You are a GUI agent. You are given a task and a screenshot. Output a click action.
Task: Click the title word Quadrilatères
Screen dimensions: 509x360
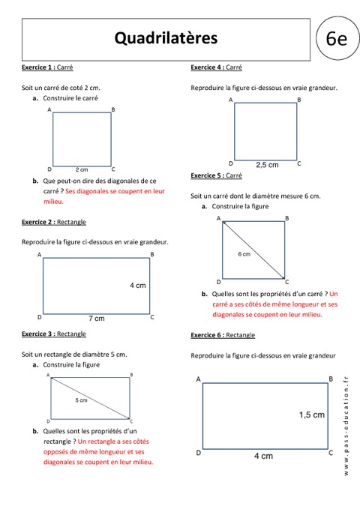click(166, 37)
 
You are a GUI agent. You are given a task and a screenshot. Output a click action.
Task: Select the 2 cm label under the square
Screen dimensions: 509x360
click(82, 169)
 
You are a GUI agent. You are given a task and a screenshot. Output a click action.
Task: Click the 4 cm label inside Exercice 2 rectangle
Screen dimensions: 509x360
click(137, 286)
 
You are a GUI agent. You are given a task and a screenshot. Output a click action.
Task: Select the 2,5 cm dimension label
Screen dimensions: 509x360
click(267, 164)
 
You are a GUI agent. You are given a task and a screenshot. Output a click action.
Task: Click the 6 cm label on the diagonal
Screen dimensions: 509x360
click(244, 254)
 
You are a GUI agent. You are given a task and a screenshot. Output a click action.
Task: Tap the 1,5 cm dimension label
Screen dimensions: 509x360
click(311, 415)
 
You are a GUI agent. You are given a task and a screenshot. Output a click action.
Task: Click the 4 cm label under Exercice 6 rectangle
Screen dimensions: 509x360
click(262, 456)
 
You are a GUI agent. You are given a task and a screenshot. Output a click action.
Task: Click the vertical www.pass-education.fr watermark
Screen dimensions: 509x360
click(346, 424)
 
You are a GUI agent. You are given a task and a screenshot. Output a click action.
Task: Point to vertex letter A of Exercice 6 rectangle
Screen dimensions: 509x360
click(198, 380)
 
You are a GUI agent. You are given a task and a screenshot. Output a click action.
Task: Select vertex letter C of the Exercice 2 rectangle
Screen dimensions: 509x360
click(151, 317)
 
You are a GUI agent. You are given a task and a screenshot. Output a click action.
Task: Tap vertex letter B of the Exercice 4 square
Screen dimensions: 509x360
click(298, 100)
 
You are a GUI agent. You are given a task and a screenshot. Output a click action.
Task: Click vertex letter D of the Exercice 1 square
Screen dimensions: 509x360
click(49, 169)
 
